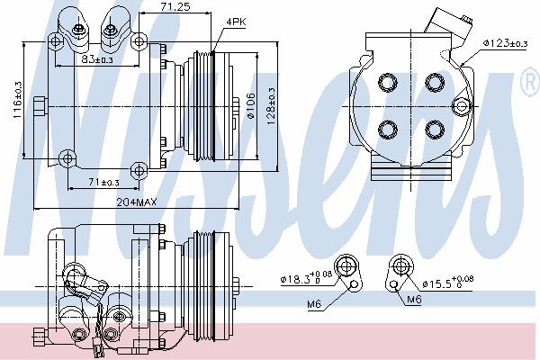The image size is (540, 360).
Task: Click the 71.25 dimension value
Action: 175,6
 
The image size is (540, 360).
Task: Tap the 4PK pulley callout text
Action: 236,22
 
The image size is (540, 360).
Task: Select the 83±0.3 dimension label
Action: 97,59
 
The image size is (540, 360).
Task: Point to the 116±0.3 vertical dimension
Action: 18,100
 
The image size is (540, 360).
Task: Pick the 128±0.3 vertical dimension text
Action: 271,106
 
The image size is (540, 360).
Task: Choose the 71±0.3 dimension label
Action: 104,182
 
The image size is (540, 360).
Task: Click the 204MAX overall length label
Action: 137,202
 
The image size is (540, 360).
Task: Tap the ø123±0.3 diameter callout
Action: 505,43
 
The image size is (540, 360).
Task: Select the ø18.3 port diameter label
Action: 306,278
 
